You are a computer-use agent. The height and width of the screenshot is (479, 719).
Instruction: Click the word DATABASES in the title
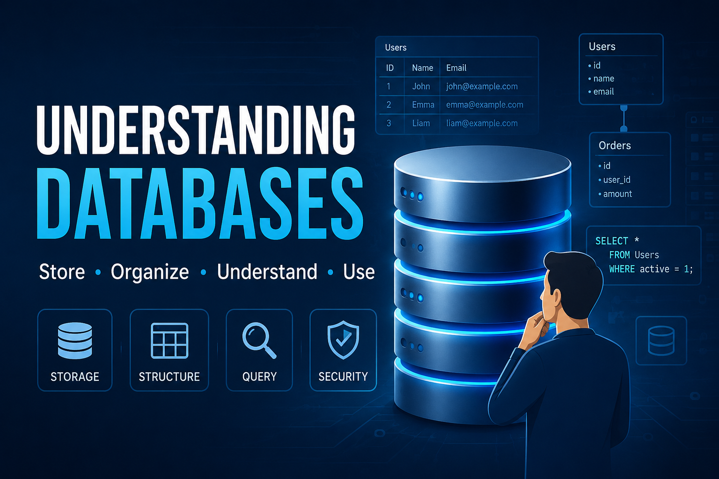(x=200, y=203)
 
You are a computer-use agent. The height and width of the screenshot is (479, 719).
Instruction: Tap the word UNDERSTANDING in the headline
(x=196, y=130)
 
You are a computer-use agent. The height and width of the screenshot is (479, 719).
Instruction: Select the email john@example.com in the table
(x=482, y=86)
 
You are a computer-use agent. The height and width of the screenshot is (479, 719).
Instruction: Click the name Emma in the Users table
(x=423, y=105)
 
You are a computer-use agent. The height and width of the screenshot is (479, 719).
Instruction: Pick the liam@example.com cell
(x=482, y=123)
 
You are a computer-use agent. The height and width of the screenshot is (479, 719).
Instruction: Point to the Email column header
(x=456, y=68)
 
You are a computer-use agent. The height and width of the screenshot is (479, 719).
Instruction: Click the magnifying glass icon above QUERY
(x=259, y=340)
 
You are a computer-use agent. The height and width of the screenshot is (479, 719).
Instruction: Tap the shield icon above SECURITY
(x=343, y=340)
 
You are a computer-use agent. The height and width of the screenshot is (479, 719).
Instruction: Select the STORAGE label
(x=75, y=377)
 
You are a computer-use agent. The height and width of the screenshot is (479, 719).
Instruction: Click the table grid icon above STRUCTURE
(x=169, y=341)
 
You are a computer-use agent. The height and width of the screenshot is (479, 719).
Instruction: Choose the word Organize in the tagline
(x=150, y=272)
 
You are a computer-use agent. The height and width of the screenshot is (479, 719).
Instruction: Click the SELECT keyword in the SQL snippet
(x=612, y=241)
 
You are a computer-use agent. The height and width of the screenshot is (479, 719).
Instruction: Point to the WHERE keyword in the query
(x=622, y=269)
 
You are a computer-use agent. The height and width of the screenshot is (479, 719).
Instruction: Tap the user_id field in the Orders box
(x=616, y=180)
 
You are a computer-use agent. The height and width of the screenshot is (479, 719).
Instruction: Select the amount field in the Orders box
(x=617, y=194)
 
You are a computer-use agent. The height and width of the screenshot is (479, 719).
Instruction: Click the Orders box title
(x=615, y=145)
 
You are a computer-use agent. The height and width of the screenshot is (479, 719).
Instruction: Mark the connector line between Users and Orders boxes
(x=624, y=118)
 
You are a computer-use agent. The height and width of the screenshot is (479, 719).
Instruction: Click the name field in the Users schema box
(x=603, y=78)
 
